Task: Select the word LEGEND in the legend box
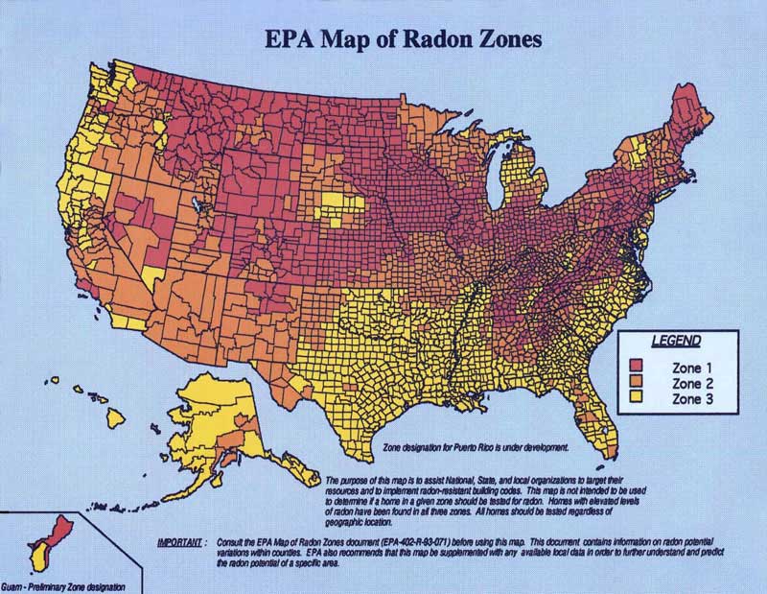click(x=677, y=341)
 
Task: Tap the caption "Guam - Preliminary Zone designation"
click(x=59, y=584)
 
